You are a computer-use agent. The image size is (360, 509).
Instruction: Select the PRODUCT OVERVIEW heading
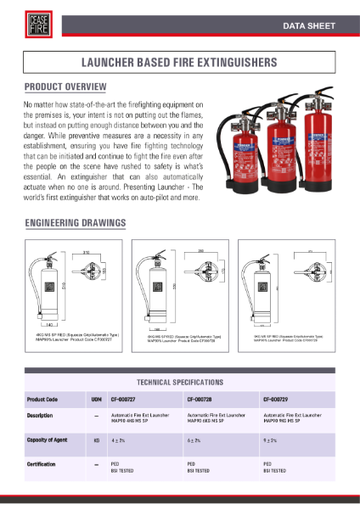point(65,87)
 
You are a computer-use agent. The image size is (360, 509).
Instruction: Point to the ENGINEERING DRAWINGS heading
point(76,223)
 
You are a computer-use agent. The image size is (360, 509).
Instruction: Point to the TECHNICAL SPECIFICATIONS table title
point(179,383)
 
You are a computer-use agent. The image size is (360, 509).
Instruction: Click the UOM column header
point(96,398)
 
